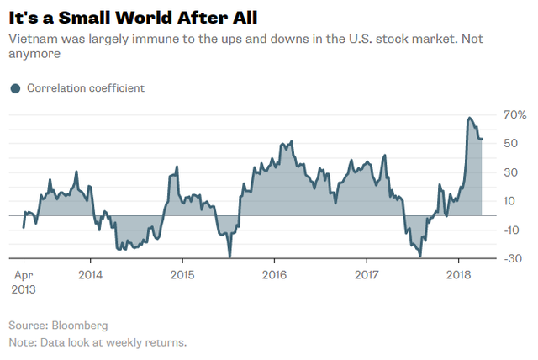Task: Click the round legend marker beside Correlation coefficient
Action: [14, 87]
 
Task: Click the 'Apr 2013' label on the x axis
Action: [24, 282]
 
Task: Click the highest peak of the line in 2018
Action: [469, 118]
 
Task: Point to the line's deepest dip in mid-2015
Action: [229, 257]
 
